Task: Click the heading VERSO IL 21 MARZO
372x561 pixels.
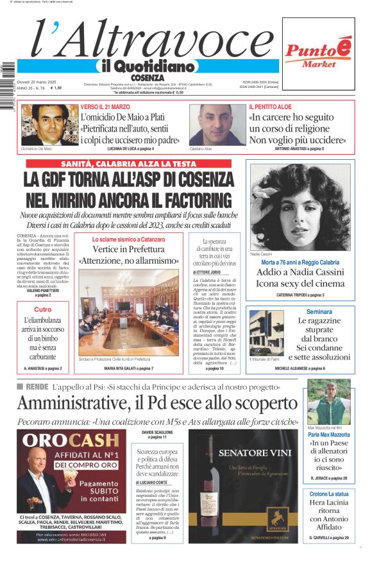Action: click(105, 107)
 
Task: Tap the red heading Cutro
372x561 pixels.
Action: click(43, 309)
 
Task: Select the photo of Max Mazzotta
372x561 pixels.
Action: click(328, 401)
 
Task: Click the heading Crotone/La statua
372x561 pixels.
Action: click(328, 494)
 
